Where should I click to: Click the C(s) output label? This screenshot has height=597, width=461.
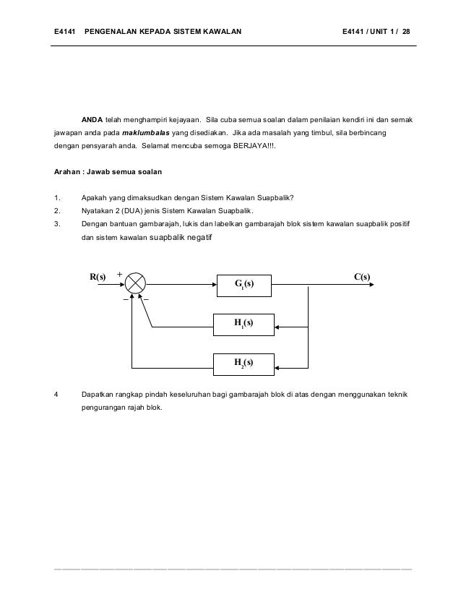pos(362,277)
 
